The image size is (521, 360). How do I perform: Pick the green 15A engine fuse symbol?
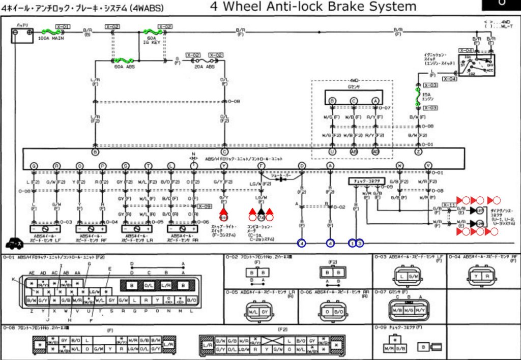tap(418, 95)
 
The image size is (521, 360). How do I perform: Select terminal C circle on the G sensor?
tap(354, 101)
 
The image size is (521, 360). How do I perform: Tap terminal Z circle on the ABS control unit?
tap(418, 152)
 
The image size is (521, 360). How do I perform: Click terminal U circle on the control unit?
tap(332, 152)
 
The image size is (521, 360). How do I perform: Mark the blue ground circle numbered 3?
tap(360, 243)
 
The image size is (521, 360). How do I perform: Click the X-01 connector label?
tap(63, 26)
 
